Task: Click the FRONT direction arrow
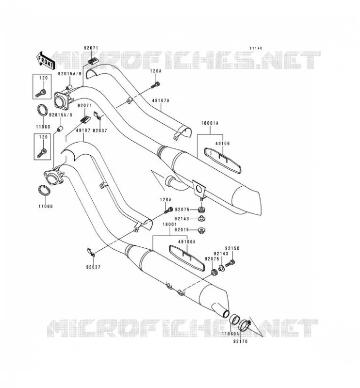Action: tap(46, 60)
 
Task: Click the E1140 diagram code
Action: tap(256, 48)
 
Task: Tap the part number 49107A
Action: tap(161, 100)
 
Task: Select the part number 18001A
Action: tap(210, 123)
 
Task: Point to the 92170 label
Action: tap(240, 341)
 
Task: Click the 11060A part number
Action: tap(230, 334)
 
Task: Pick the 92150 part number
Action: tap(232, 248)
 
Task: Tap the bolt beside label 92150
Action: tap(230, 263)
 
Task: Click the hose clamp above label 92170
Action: tap(245, 325)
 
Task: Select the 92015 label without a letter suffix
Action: tap(182, 229)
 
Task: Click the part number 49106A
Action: tap(187, 242)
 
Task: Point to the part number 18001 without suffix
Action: tap(170, 225)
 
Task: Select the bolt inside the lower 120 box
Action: tap(42, 153)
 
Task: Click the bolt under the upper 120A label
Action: tap(155, 85)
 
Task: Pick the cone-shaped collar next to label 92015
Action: tap(202, 231)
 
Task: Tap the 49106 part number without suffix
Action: tap(222, 144)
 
